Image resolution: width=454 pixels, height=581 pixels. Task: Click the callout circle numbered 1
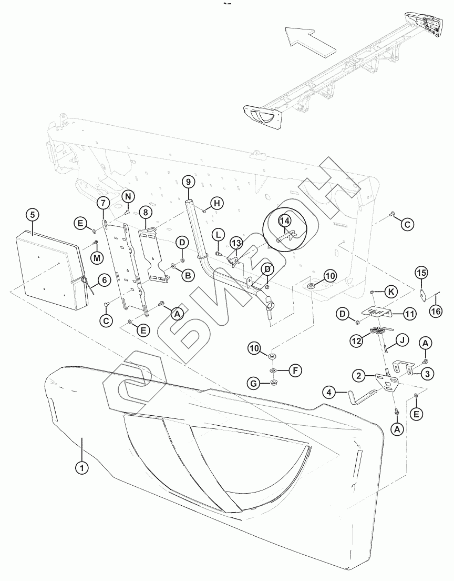(81, 467)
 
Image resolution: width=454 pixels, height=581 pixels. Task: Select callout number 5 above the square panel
(33, 215)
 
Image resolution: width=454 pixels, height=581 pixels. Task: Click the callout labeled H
(218, 203)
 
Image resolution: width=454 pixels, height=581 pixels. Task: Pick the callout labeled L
(219, 234)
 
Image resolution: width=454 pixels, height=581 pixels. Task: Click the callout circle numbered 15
(421, 273)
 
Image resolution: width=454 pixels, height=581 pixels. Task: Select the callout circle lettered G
(254, 384)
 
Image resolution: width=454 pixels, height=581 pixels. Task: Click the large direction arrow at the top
(311, 42)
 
